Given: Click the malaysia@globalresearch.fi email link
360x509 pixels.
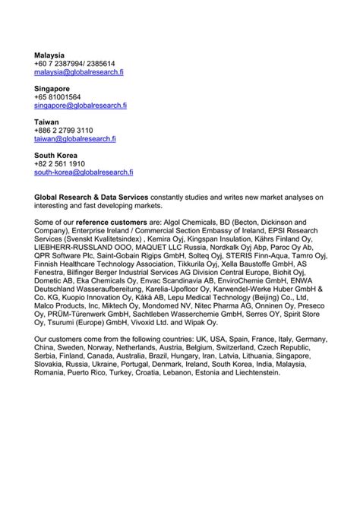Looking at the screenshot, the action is coord(78,74).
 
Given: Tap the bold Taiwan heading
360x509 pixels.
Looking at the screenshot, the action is coord(47,122).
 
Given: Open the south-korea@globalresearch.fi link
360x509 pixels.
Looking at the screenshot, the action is coord(84,172).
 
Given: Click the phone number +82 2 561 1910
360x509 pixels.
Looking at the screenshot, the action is coord(59,164).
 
